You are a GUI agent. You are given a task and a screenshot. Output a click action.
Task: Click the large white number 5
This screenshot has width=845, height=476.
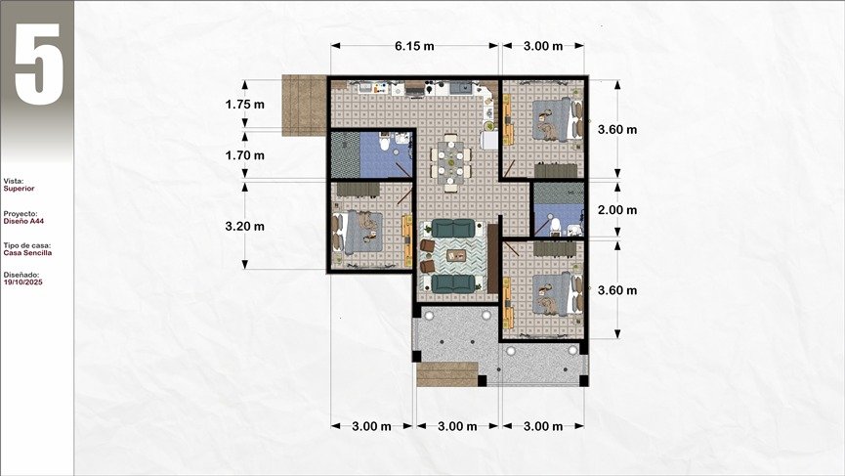pos(39,64)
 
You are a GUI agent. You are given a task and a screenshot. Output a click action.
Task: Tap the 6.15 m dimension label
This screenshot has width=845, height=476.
pos(414,46)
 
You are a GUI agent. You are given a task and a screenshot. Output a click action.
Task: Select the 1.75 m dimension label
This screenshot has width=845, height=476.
pos(244,105)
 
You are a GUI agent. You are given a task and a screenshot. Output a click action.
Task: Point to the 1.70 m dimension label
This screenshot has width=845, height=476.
pos(244,155)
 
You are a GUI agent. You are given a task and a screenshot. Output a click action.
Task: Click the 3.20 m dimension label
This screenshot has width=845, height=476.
pos(244,227)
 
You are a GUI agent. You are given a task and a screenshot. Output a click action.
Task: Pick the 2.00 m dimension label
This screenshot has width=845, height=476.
pos(617,210)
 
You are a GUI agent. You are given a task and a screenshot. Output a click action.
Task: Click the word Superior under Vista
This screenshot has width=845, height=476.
pos(19,189)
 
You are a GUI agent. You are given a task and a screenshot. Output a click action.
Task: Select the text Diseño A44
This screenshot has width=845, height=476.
pos(23,221)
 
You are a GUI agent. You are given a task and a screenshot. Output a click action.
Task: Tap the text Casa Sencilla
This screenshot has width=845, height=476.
pos(27,253)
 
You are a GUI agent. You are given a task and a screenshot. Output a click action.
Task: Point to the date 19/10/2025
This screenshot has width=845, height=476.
pos(22,281)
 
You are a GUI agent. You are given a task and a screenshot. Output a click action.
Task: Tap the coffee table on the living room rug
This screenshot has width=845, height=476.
pos(456,255)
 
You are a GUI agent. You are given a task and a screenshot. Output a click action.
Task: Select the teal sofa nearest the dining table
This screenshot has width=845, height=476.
pos(453,228)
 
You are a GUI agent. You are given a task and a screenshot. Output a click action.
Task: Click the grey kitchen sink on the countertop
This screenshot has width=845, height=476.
pos(461,87)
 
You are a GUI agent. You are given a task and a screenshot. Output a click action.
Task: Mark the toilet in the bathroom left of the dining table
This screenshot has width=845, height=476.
pos(384,143)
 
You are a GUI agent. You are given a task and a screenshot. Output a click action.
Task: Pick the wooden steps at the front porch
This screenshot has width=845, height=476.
pos(447,374)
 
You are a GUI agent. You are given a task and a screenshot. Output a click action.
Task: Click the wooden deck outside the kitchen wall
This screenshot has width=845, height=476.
pos(304,106)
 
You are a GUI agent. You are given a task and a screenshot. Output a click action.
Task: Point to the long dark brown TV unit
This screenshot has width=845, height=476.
pos(492,259)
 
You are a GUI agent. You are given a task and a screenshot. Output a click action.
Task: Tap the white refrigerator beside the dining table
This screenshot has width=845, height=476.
pos(489,140)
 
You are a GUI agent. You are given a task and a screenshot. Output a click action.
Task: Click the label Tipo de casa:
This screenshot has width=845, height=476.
pos(27,245)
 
